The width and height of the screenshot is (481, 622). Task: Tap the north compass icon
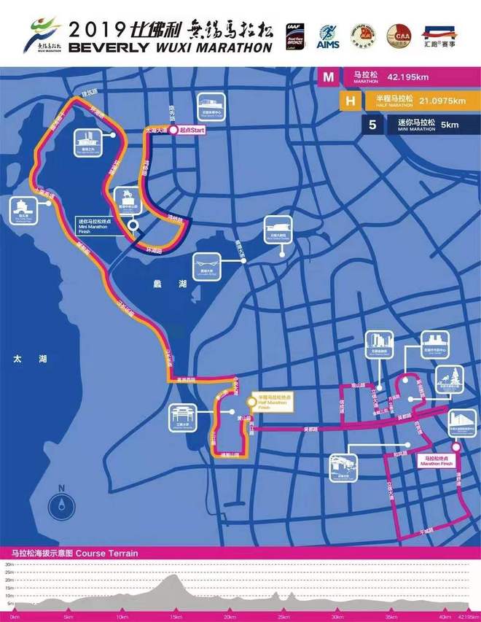tap(63, 504)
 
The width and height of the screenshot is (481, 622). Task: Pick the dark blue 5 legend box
tap(372, 125)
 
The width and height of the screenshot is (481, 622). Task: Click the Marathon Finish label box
tap(438, 461)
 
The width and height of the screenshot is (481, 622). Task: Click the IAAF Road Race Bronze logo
tap(295, 37)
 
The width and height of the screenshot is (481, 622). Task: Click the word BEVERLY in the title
tap(105, 47)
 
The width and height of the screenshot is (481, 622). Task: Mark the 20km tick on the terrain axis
tap(230, 617)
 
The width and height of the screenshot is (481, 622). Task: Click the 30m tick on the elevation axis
tap(9, 564)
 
